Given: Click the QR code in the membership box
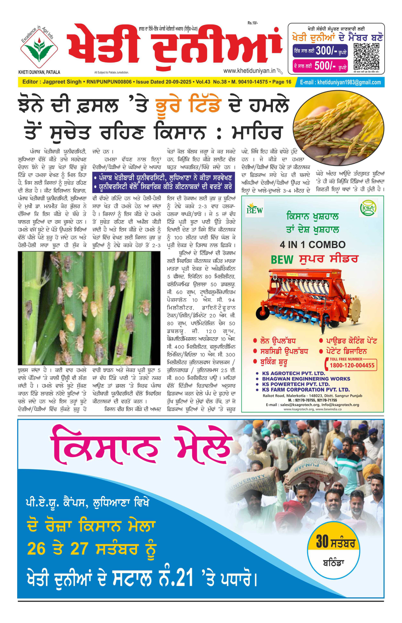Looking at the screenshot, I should click(366, 57).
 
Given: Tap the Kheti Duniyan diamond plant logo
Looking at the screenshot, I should click(39, 49).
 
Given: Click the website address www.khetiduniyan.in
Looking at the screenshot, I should click(249, 71).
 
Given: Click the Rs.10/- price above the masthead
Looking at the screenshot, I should click(252, 23).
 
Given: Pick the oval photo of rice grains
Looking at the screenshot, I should click(338, 128).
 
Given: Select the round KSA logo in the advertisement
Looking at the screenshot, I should click(368, 208).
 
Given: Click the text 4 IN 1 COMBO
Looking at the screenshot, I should click(313, 245).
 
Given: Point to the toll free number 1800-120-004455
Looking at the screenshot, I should click(352, 365).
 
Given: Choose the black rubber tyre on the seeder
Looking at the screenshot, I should click(263, 313).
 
